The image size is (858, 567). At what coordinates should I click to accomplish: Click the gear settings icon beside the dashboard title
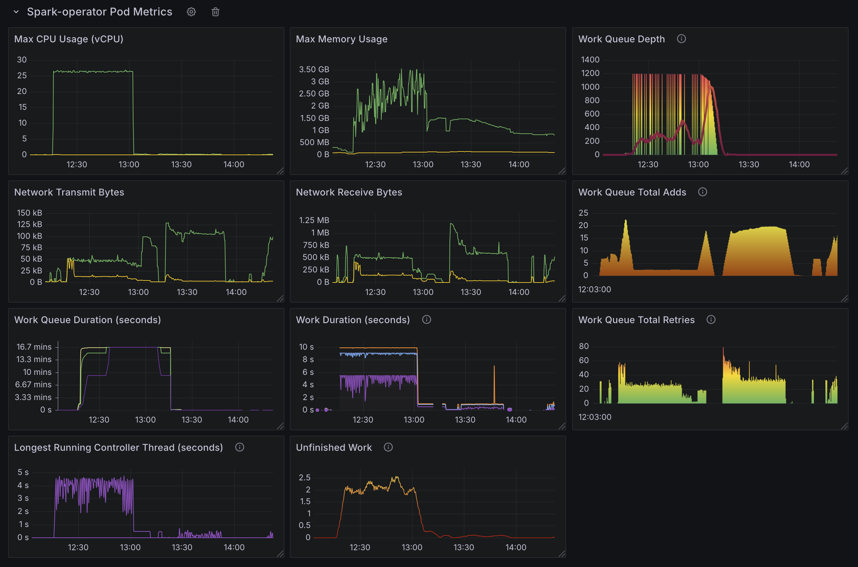(191, 12)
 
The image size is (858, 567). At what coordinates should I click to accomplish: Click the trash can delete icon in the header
(215, 12)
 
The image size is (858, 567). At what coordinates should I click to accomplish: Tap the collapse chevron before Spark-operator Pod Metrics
(16, 12)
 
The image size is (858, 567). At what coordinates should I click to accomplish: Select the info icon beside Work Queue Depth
(681, 39)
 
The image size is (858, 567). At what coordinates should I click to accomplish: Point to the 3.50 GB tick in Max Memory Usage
(314, 69)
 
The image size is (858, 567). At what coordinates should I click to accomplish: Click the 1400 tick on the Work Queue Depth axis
(590, 60)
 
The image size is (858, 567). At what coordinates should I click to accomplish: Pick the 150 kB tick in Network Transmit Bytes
(29, 213)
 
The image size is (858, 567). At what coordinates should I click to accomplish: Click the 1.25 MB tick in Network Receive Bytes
(314, 220)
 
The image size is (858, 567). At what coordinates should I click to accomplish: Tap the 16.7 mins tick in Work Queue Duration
(34, 347)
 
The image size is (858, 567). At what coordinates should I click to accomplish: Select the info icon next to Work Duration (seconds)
(426, 320)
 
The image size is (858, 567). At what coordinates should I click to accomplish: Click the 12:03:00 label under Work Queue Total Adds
(594, 289)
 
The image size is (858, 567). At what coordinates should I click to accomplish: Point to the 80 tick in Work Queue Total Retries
(583, 346)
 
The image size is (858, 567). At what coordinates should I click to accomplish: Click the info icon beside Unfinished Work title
(388, 447)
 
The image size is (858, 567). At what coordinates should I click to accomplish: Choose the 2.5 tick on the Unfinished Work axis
(304, 477)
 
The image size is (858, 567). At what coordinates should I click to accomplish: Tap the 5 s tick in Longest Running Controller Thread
(23, 472)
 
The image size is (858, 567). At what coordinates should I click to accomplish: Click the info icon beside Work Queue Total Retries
(711, 320)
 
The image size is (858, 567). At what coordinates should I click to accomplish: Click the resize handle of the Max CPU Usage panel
(280, 171)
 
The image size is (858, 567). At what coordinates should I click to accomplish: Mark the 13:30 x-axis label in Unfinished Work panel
(464, 547)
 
